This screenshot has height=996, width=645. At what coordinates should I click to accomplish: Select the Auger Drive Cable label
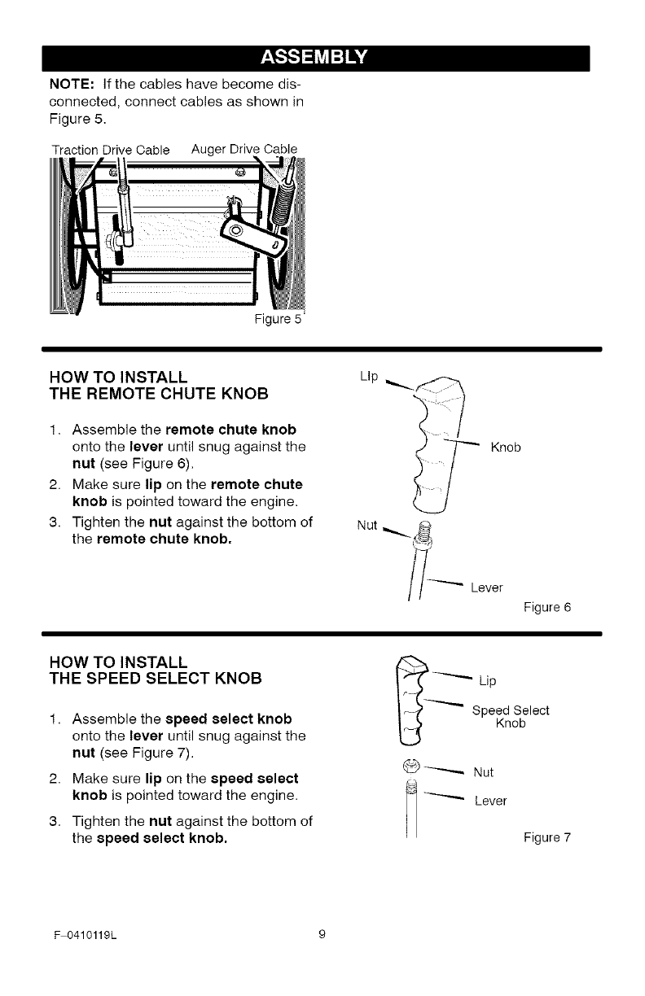(244, 148)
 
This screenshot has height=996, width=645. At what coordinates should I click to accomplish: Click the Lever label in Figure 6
(487, 588)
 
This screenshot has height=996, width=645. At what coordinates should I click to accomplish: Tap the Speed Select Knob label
(511, 716)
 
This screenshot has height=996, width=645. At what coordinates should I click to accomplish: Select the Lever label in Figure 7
(490, 801)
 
